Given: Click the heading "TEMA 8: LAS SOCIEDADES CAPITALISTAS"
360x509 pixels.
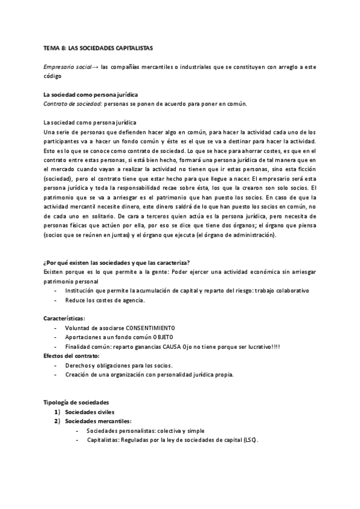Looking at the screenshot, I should coord(99,47).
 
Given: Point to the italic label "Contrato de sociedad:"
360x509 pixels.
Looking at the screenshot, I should coord(68,103).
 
